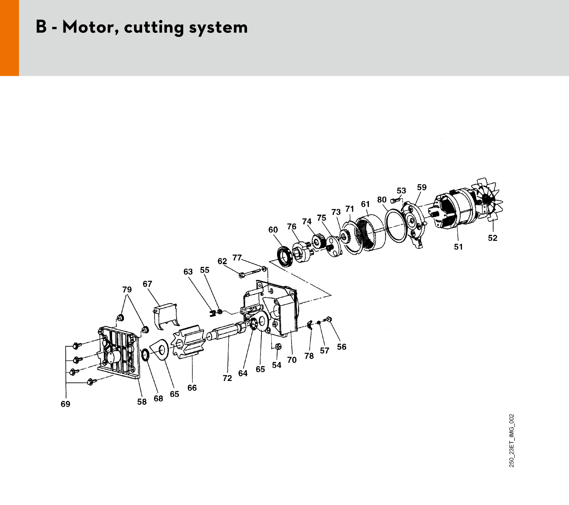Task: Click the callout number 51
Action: point(458,247)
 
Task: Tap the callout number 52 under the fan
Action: point(492,238)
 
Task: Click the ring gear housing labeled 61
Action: point(370,232)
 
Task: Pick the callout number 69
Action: point(66,404)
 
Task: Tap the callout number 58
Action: point(142,402)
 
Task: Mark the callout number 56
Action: point(342,347)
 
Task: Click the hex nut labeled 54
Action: point(278,346)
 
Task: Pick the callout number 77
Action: point(237,257)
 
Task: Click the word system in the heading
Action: point(218,28)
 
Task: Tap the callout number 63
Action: point(188,272)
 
